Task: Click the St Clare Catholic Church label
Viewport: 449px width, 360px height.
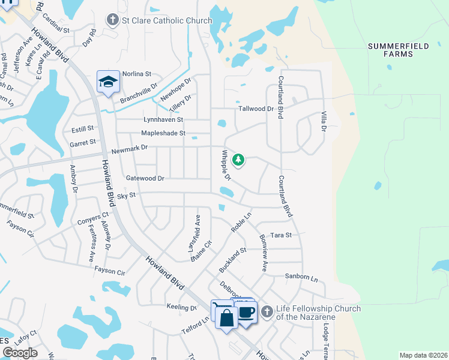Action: [167, 21]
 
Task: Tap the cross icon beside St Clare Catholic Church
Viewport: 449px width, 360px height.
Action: [112, 20]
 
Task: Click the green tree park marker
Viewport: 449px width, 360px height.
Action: [239, 160]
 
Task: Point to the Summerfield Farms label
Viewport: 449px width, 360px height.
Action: [398, 50]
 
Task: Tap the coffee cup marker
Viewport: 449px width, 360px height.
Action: [246, 311]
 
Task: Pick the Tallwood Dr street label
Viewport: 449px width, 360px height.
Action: [256, 109]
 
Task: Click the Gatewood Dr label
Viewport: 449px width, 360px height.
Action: [145, 178]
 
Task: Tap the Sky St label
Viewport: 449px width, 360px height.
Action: [126, 196]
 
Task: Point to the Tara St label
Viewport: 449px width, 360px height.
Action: [280, 236]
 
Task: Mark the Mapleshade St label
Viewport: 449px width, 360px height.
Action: [163, 133]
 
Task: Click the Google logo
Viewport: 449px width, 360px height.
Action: [20, 353]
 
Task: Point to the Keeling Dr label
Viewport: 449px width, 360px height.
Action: [181, 307]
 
